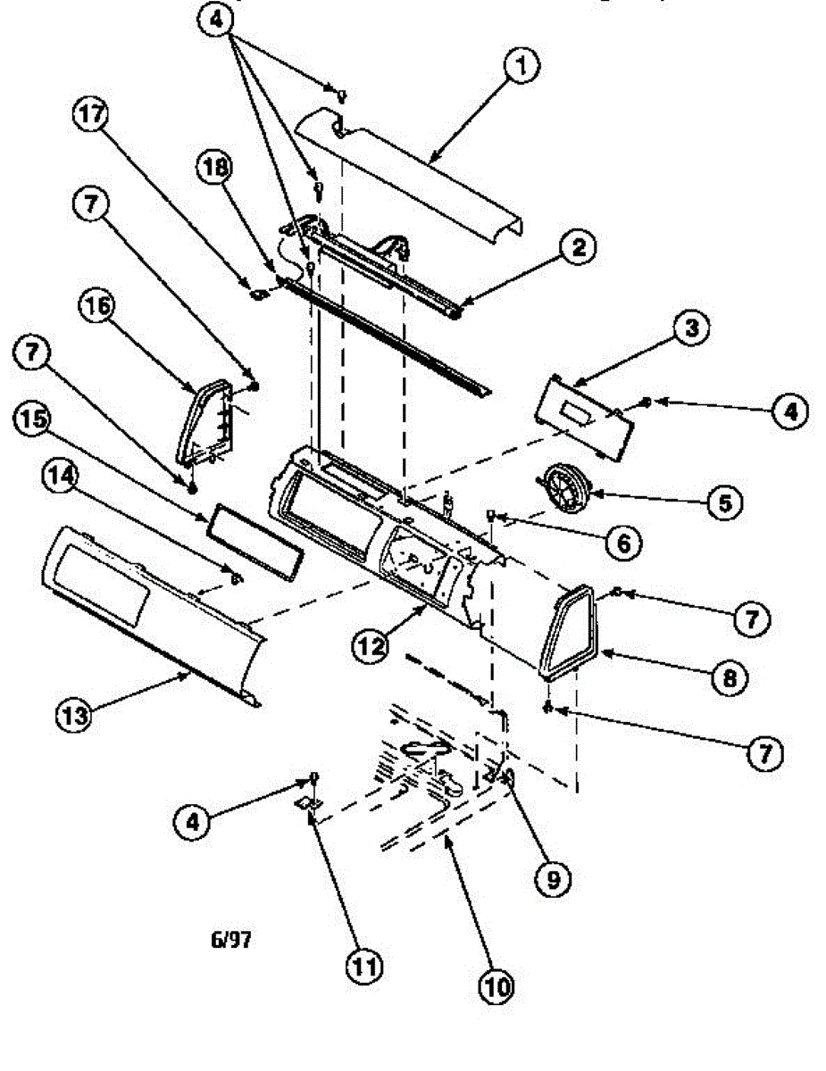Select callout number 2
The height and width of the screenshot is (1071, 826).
tap(579, 248)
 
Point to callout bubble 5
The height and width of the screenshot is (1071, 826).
tap(723, 502)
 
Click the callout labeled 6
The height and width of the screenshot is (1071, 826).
tap(622, 540)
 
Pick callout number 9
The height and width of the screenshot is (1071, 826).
tap(551, 879)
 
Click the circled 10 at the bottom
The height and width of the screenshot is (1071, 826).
tap(496, 984)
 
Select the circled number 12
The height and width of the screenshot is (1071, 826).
tap(370, 644)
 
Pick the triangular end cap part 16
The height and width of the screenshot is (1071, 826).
tap(204, 419)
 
